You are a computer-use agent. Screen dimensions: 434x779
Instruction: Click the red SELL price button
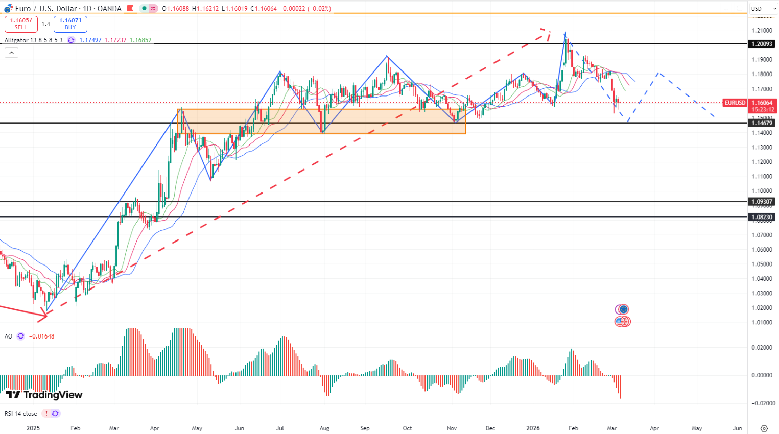[x=21, y=24]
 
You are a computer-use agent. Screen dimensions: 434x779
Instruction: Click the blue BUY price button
[x=70, y=24]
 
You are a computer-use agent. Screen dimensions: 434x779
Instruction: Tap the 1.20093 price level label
[x=761, y=44]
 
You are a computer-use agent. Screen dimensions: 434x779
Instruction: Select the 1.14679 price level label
[x=761, y=123]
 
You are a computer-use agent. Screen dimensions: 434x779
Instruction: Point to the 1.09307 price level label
[x=761, y=202]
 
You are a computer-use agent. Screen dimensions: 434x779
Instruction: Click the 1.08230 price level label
[x=761, y=217]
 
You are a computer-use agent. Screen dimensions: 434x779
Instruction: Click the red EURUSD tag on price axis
[x=735, y=103]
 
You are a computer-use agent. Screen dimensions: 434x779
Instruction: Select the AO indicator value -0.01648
[x=42, y=336]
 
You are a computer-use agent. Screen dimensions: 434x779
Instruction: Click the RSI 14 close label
[x=21, y=414]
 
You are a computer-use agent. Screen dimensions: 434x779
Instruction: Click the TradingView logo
[x=44, y=395]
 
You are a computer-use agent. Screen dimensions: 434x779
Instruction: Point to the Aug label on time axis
[x=324, y=428]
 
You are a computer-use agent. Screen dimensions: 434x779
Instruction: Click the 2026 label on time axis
[x=533, y=428]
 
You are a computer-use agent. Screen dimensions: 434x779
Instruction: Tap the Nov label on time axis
[x=452, y=428]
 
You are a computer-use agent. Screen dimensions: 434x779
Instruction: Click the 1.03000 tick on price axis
[x=761, y=293]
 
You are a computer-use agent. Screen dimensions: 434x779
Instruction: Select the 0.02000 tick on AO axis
[x=761, y=347]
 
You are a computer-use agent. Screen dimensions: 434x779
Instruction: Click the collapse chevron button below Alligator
[x=11, y=53]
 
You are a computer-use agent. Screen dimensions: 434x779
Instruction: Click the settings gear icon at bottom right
[x=764, y=428]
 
